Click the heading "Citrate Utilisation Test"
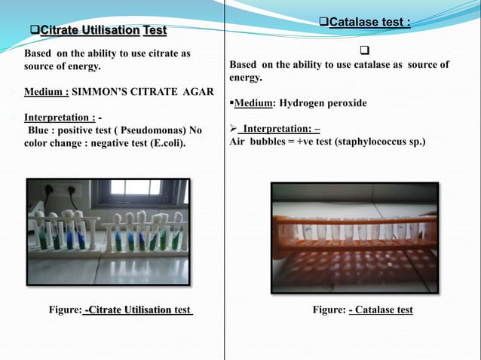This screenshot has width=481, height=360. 103,31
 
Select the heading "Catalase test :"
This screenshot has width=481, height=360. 370,23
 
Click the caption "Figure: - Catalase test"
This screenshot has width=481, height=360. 363,310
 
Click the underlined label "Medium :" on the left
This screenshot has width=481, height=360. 47,92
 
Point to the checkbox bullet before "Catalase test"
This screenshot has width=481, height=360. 324,23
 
